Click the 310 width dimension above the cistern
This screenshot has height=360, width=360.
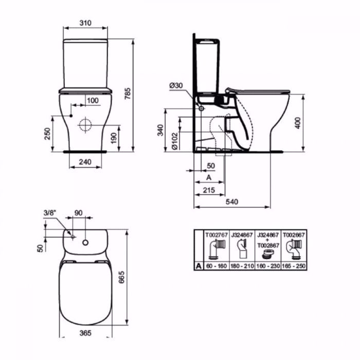click(x=86, y=23)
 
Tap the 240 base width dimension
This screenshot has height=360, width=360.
click(x=85, y=161)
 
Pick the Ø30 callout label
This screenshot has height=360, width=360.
click(x=177, y=85)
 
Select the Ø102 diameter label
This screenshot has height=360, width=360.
click(x=175, y=138)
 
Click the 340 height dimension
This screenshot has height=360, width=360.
click(x=161, y=130)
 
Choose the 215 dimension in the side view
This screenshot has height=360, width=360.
click(x=209, y=190)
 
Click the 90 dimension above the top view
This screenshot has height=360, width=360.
click(x=79, y=212)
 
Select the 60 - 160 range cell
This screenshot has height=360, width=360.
click(x=217, y=266)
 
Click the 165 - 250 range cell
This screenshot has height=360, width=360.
click(x=293, y=266)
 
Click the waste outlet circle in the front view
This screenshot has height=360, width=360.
click(x=85, y=124)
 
